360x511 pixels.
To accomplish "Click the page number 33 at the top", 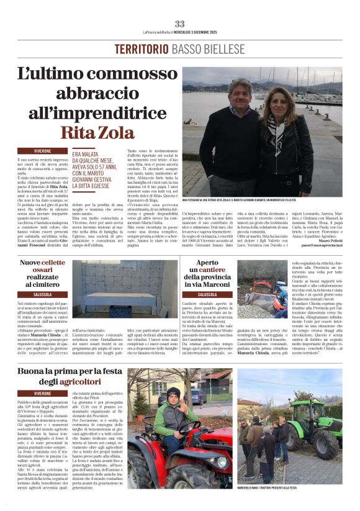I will (179, 24).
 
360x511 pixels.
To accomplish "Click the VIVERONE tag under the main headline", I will (43, 150).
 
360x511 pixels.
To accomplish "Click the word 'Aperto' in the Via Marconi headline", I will (207, 263).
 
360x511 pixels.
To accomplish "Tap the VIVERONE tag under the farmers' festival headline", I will (43, 394).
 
